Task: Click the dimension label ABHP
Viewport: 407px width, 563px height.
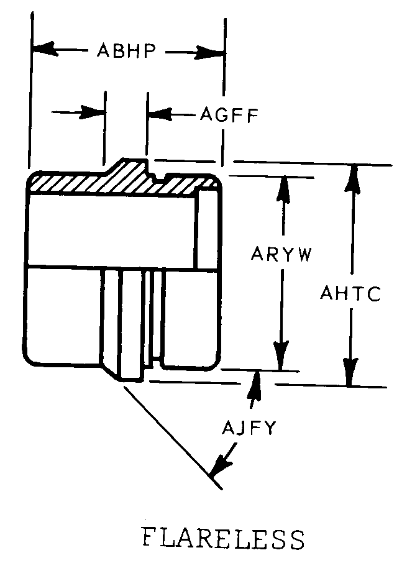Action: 126,50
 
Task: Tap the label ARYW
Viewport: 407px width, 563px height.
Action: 281,254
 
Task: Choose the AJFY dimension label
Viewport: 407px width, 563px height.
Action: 249,428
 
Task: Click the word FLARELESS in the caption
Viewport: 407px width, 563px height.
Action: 223,539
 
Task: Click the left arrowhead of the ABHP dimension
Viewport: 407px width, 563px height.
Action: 45,49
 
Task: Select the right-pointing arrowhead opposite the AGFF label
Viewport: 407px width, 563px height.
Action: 93,112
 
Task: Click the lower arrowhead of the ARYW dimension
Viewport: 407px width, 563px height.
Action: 281,355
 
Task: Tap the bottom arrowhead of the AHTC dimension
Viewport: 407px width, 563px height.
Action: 349,372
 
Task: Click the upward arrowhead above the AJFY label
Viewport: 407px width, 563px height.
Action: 255,385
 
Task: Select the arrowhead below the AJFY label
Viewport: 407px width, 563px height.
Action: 221,464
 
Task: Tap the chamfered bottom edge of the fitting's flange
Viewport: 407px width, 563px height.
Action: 110,372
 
